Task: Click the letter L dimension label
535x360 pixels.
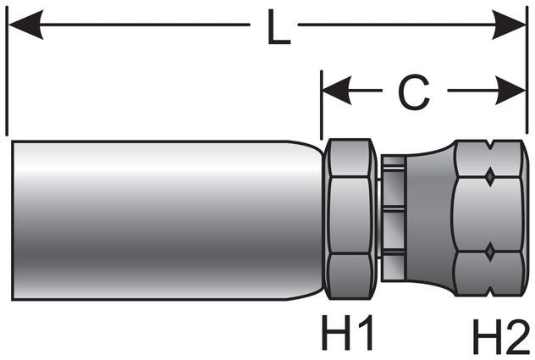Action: [273, 30]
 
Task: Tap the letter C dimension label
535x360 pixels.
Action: [412, 93]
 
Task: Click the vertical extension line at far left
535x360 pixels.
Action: [7, 76]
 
